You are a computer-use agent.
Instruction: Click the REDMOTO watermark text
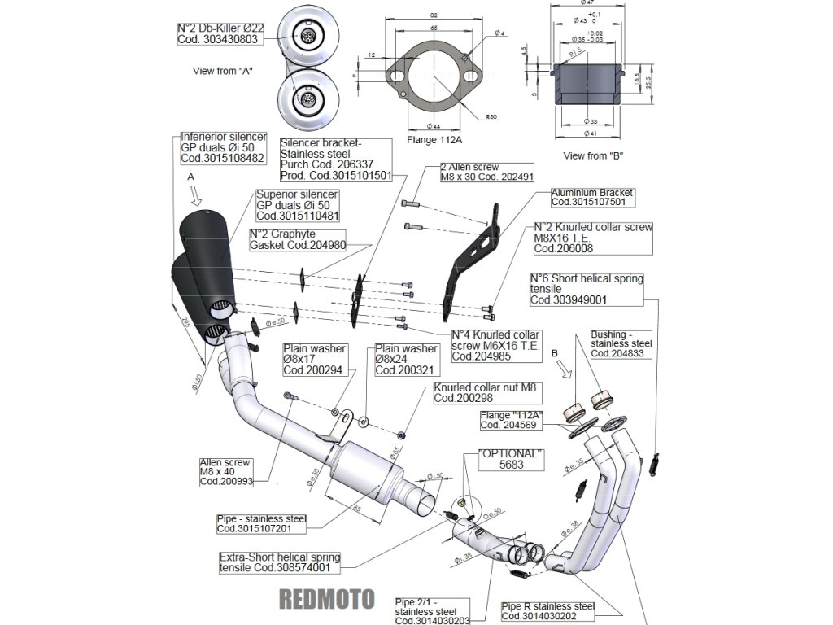(x=326, y=599)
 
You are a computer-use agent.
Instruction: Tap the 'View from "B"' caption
(x=589, y=155)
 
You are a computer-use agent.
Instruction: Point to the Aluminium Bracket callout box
(x=591, y=197)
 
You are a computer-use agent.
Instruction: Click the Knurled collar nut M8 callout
(x=486, y=393)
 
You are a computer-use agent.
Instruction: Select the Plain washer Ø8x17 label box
(x=314, y=360)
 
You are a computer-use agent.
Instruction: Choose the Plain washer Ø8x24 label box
(x=406, y=360)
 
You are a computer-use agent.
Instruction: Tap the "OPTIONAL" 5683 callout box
(x=511, y=459)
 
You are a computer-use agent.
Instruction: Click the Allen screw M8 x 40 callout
(x=225, y=472)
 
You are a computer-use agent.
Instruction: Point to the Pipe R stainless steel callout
(x=547, y=611)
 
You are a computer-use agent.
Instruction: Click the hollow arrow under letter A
(x=194, y=195)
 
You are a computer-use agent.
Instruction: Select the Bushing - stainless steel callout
(x=621, y=344)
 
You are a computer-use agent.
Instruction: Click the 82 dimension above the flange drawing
(x=434, y=15)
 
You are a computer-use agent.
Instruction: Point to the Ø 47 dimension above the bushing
(x=588, y=3)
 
